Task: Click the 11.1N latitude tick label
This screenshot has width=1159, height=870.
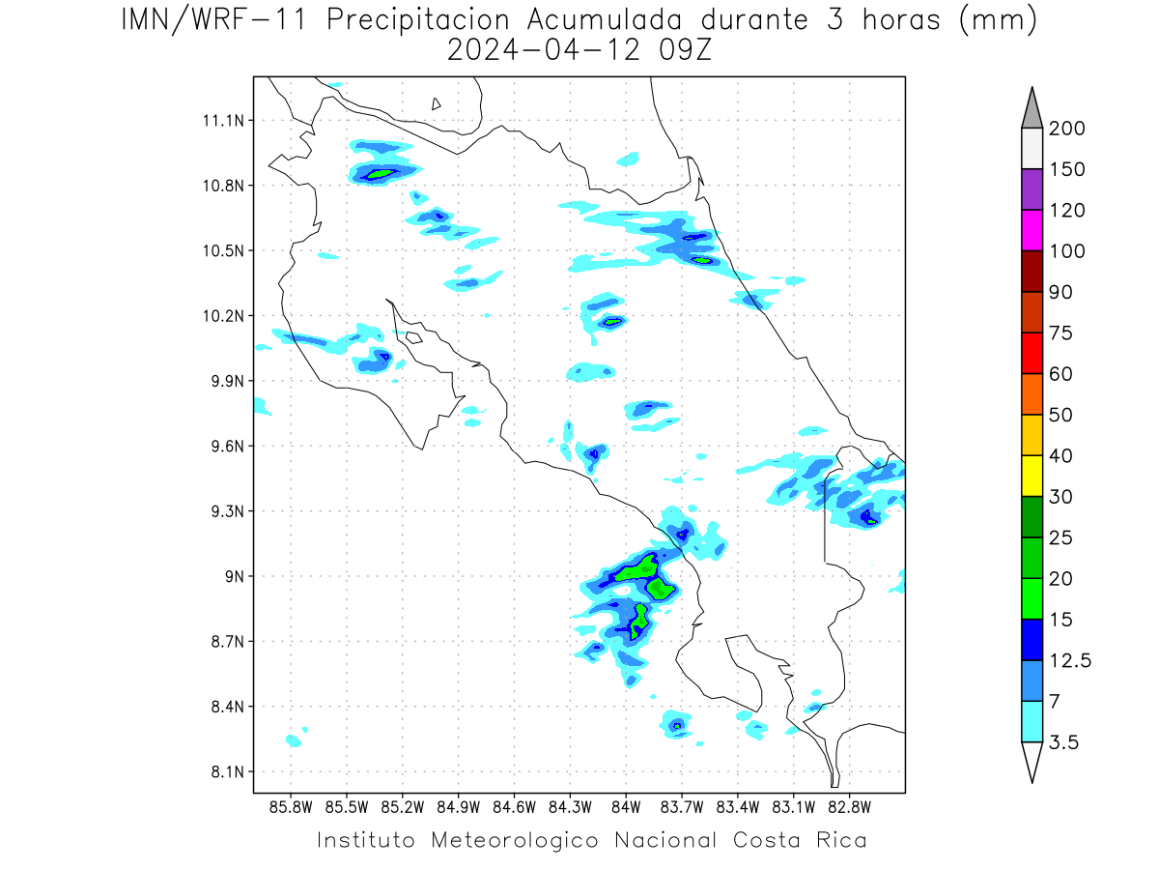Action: pos(223,121)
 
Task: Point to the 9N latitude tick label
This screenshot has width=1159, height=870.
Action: pos(235,576)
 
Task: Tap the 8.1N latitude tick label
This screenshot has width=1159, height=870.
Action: pos(228,771)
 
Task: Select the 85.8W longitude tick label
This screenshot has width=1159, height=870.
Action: pos(291,808)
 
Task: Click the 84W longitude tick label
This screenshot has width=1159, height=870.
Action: pos(626,808)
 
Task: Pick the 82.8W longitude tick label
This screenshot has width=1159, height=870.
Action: pos(849,808)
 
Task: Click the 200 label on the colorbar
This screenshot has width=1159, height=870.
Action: pos(1066,129)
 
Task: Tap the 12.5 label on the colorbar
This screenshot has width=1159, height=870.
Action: pos(1070,660)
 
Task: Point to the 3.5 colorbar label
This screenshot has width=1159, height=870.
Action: pos(1063,742)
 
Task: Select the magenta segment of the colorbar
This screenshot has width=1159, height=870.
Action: pos(1032,230)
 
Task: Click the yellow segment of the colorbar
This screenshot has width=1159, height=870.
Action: pos(1032,476)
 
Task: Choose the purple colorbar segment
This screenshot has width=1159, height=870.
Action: pos(1032,189)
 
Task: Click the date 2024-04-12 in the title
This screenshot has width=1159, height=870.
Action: pos(544,50)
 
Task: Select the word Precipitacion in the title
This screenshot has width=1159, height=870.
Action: pos(418,20)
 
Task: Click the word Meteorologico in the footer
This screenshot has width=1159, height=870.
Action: pos(515,840)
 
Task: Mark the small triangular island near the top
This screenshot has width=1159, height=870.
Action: pos(436,104)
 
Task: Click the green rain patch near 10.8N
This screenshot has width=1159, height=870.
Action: pos(382,173)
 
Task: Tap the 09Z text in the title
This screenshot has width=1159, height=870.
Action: pos(685,50)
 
